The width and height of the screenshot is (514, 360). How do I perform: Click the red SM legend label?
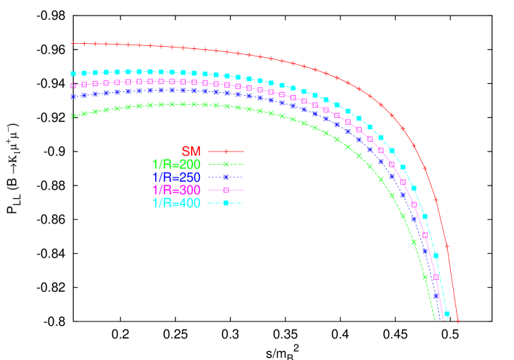click(191, 151)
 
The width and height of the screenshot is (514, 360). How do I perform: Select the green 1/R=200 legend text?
click(176, 164)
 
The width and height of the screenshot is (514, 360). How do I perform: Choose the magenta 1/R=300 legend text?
click(176, 190)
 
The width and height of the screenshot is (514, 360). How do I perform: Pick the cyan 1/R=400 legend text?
click(176, 203)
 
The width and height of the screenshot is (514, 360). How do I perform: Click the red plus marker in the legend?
click(226, 151)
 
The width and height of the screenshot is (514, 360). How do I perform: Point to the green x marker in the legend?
click(226, 164)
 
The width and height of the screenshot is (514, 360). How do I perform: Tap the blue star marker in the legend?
click(226, 177)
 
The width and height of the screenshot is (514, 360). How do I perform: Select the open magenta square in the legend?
click(226, 190)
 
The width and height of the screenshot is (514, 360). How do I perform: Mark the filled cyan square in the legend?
click(226, 203)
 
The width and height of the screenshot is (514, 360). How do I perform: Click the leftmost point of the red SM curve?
click(72, 44)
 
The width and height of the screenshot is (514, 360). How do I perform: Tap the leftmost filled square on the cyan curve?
click(73, 74)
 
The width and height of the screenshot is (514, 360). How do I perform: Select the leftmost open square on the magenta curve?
click(73, 85)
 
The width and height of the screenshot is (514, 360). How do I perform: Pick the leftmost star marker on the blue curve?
click(73, 95)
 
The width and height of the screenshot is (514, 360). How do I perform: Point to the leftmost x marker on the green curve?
click(73, 115)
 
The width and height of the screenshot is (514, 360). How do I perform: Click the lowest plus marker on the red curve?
click(458, 321)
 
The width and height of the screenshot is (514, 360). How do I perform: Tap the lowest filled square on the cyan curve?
click(446, 313)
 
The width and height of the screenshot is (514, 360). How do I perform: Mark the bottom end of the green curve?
click(434, 319)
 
